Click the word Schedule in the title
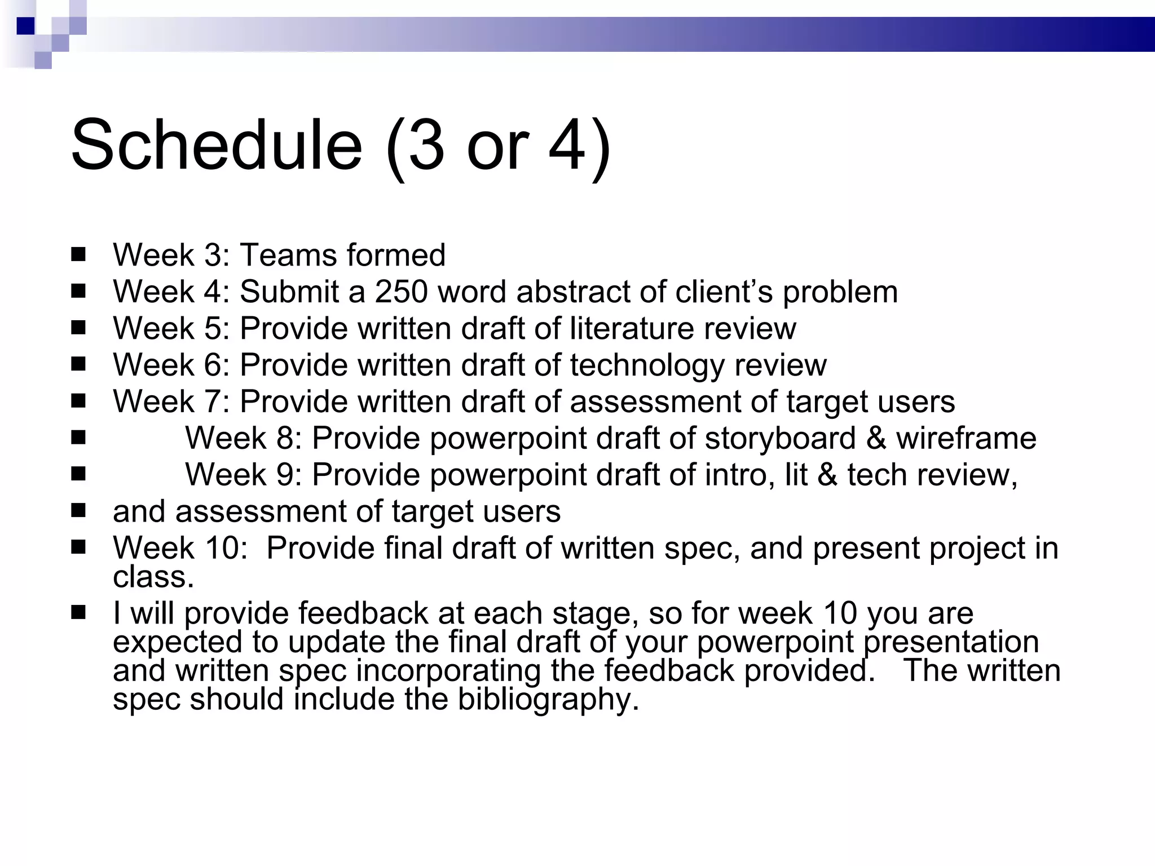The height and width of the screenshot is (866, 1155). click(217, 145)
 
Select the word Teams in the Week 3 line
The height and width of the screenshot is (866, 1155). click(288, 255)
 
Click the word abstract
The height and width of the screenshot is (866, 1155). click(573, 292)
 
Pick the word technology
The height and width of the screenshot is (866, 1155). click(647, 365)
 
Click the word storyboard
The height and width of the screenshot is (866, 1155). click(780, 438)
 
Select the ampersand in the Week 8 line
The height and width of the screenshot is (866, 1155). click(876, 438)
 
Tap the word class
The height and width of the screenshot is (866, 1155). click(153, 577)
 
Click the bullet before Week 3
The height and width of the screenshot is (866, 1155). click(78, 255)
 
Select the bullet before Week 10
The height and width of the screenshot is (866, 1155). click(78, 547)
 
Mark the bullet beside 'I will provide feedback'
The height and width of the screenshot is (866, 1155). click(78, 613)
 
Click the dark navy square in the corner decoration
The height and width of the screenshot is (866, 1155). click(25, 26)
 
